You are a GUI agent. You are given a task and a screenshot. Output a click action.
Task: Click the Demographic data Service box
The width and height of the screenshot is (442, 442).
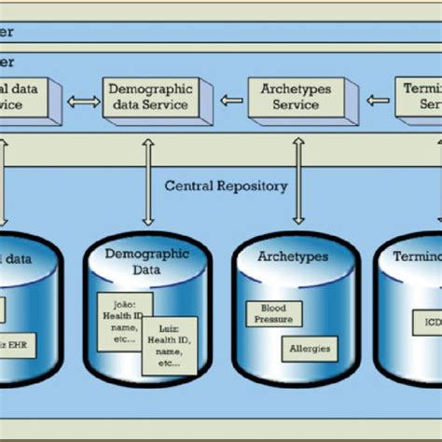[x=150, y=97]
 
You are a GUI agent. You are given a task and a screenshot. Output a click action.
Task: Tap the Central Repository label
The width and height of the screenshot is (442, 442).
[x=227, y=186]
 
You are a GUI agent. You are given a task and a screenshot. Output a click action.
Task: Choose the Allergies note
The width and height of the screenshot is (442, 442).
[x=309, y=349]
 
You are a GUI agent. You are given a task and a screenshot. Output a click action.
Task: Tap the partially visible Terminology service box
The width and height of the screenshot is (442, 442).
[x=419, y=97]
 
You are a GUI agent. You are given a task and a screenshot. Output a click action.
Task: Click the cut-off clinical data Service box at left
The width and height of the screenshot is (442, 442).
[x=28, y=97]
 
